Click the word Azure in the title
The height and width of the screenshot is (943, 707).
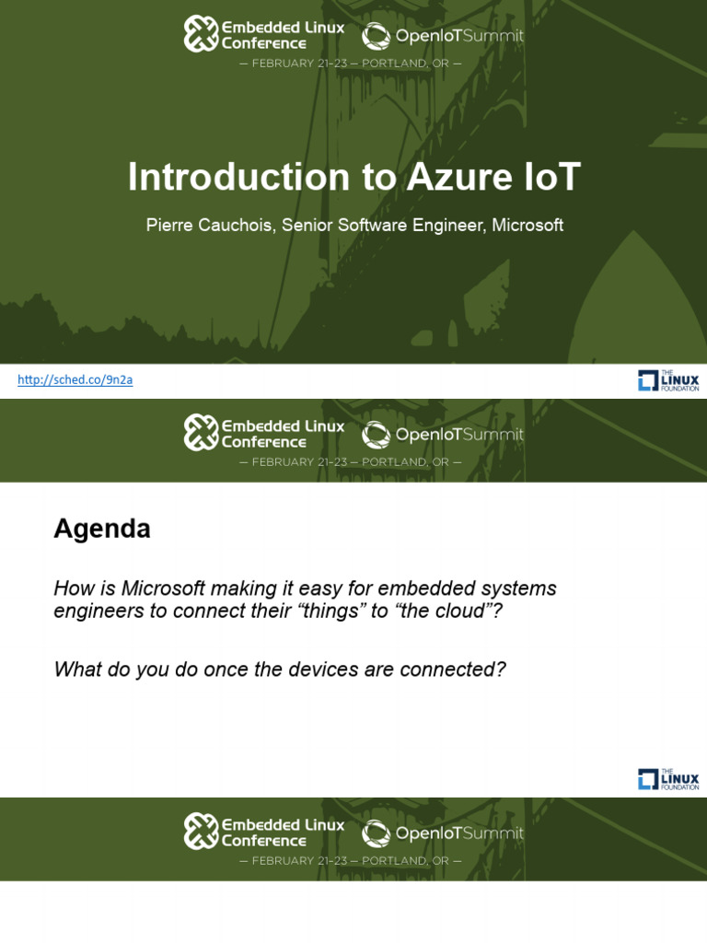click(x=438, y=178)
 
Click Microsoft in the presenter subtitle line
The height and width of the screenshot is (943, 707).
click(x=527, y=226)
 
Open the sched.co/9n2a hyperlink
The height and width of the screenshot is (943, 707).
click(x=75, y=379)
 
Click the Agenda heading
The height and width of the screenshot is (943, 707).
click(x=102, y=529)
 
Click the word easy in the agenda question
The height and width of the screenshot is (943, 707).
click(x=321, y=588)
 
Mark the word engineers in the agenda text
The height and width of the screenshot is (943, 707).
click(x=98, y=611)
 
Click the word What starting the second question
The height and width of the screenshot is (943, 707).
click(x=77, y=669)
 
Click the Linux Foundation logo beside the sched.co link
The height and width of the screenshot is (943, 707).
click(x=668, y=380)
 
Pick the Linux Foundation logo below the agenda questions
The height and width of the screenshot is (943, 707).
click(x=668, y=779)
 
